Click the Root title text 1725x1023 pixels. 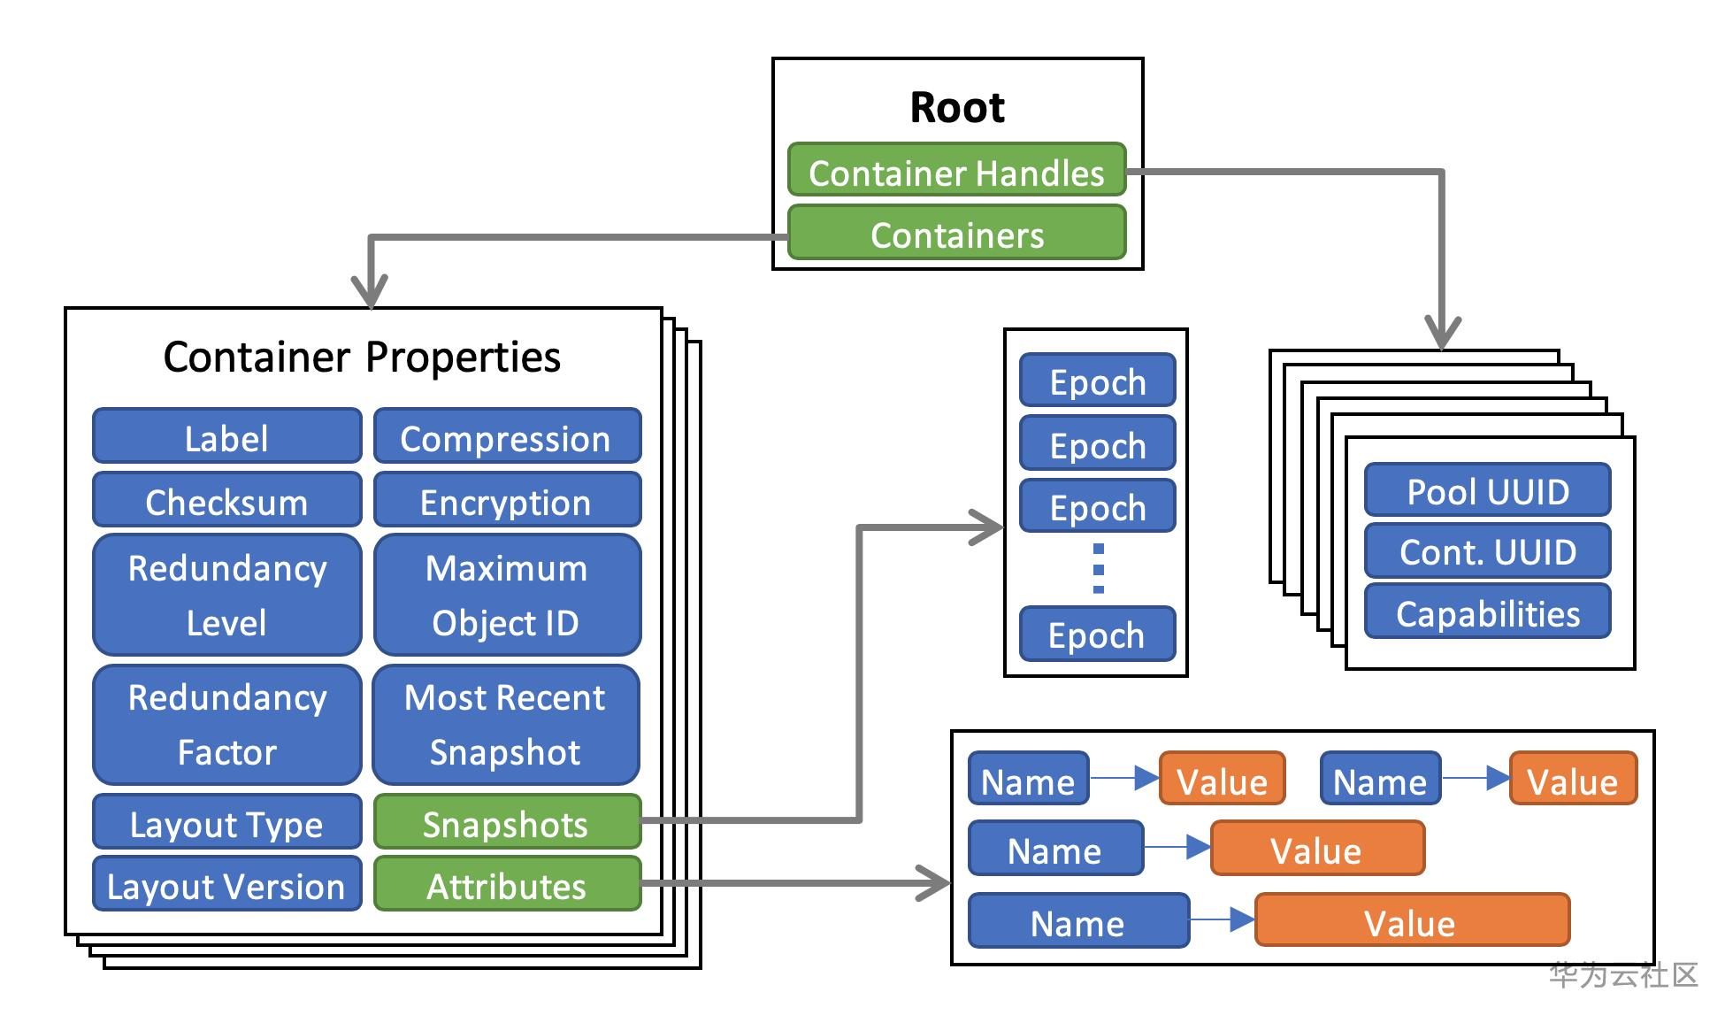957,108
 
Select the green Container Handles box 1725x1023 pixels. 956,170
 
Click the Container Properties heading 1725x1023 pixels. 362,358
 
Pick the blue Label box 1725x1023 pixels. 226,436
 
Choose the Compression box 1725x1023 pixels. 506,436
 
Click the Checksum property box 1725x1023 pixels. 226,500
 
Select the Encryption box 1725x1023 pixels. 506,500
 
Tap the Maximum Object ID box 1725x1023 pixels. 506,595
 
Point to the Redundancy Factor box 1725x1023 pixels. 226,725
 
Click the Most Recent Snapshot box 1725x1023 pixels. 505,725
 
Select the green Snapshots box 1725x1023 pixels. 506,822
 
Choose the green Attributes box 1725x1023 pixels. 506,884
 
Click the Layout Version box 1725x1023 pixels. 226,884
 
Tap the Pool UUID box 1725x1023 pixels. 1487,489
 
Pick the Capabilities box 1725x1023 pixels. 1487,611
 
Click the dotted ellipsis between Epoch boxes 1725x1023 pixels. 1098,568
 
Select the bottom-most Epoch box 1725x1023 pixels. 1097,634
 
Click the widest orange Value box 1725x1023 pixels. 1412,920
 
